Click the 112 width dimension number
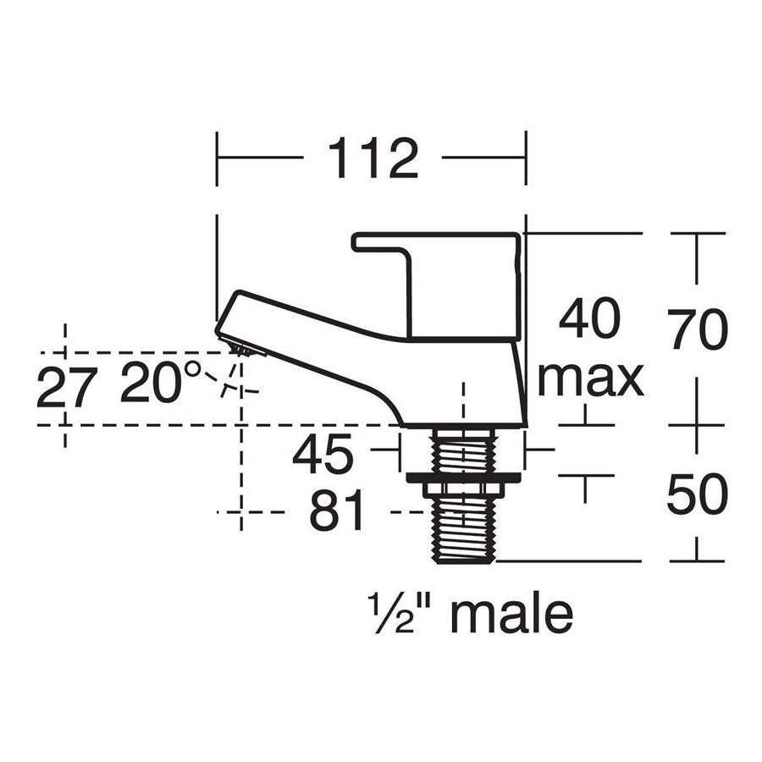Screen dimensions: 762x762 click(373, 158)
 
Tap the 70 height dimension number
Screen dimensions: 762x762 click(697, 330)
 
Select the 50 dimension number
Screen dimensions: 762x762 click(697, 495)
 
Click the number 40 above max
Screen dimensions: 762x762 click(590, 320)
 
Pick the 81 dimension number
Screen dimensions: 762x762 click(336, 512)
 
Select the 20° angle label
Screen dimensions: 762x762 click(161, 383)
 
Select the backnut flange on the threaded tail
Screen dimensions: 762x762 click(462, 477)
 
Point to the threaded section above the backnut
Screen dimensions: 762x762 click(462, 449)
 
